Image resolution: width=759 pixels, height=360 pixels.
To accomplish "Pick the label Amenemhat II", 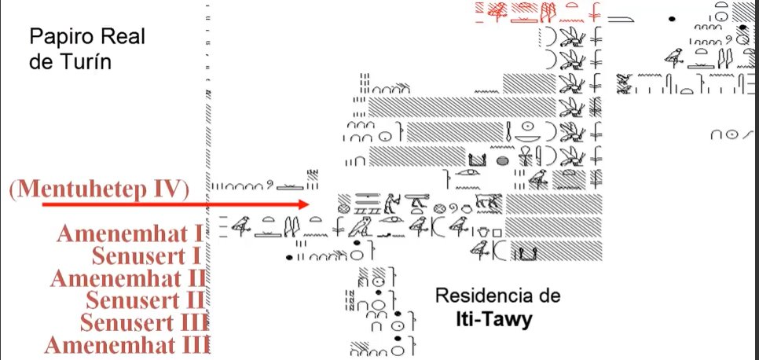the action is tap(128, 278).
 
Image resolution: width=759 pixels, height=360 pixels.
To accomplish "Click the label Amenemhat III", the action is tap(126, 345).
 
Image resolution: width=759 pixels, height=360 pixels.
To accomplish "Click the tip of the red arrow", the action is tap(310, 204).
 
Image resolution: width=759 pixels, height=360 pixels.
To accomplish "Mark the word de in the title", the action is tap(40, 61).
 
